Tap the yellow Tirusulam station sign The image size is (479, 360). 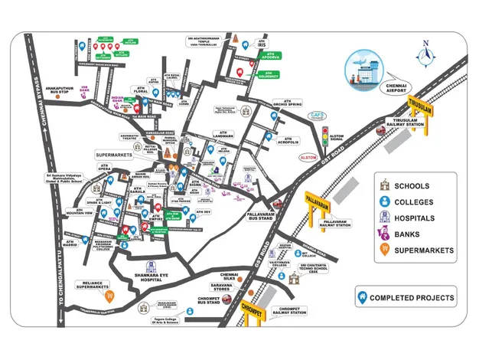coord(419,110)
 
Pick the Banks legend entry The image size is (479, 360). coord(403,234)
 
